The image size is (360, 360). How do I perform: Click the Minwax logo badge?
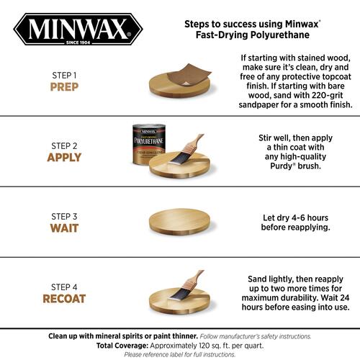click(x=78, y=29)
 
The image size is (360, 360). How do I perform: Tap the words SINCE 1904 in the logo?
click(x=78, y=42)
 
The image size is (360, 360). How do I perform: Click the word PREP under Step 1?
click(x=64, y=87)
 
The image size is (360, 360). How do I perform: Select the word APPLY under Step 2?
click(x=64, y=158)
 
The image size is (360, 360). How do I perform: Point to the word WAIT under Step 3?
click(x=64, y=228)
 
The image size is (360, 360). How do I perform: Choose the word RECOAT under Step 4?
click(x=64, y=299)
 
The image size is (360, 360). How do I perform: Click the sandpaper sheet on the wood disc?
click(x=189, y=74)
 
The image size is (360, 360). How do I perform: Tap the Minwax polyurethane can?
click(x=149, y=145)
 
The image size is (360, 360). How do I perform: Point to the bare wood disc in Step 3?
click(x=179, y=222)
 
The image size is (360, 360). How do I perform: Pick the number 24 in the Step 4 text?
click(x=344, y=297)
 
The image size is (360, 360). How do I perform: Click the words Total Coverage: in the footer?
click(x=122, y=346)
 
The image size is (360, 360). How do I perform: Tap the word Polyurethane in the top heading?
click(x=280, y=35)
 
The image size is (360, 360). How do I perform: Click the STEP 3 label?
click(x=64, y=217)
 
